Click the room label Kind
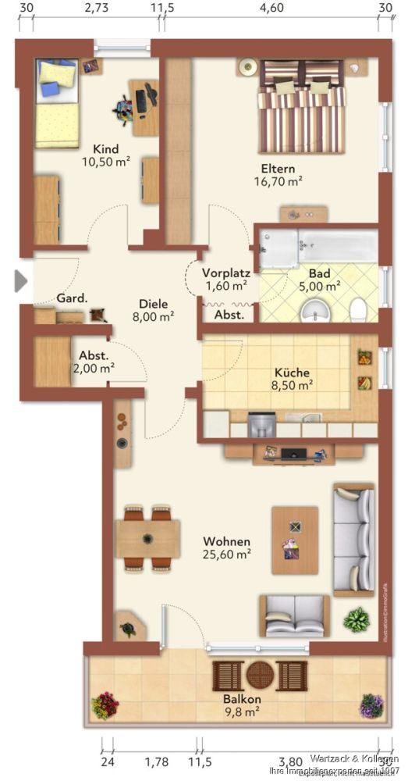[105, 148]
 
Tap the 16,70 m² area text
[279, 181]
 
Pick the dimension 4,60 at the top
[271, 8]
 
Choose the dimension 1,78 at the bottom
[157, 762]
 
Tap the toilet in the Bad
[358, 309]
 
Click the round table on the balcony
[259, 675]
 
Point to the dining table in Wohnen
[147, 538]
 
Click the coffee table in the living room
[294, 534]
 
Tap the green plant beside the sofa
[357, 621]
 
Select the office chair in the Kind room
[126, 109]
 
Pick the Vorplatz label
[225, 273]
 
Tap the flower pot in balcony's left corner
[105, 705]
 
